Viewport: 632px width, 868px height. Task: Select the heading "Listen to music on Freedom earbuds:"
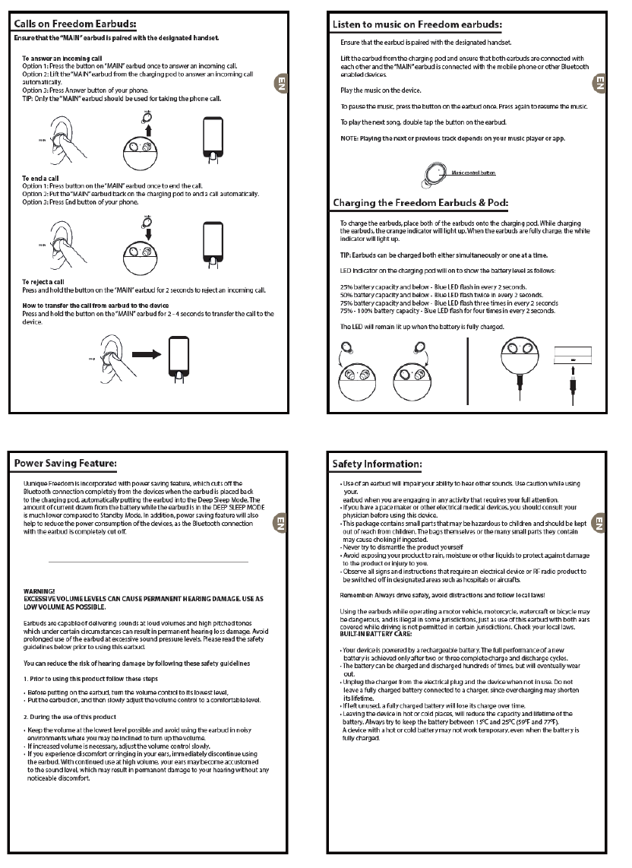(x=418, y=25)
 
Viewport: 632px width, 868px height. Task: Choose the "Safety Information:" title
(x=378, y=463)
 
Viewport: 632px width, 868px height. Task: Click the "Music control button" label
(x=473, y=173)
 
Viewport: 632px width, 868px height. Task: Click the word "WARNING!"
(x=39, y=590)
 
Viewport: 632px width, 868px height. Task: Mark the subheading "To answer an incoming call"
(x=62, y=58)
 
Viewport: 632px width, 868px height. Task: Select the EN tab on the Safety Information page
(x=599, y=523)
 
